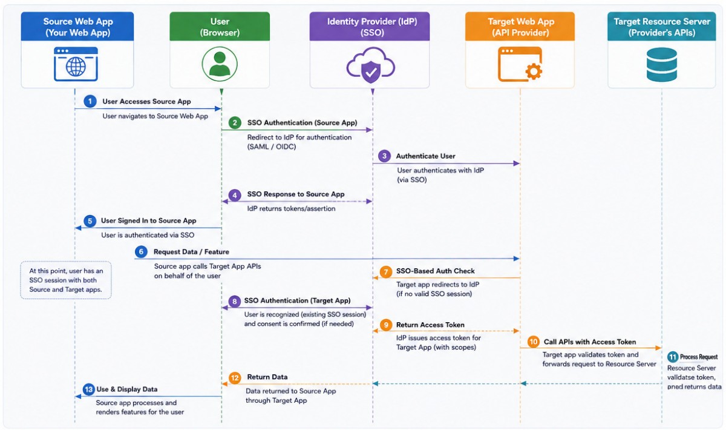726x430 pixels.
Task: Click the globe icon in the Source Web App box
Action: click(x=76, y=67)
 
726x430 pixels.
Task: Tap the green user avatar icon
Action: click(x=220, y=64)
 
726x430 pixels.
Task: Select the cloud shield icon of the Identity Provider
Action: click(x=371, y=65)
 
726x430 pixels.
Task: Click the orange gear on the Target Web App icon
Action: click(x=533, y=71)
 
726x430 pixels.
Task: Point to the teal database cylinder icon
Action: click(x=661, y=65)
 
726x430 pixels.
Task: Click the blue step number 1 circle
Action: click(x=90, y=101)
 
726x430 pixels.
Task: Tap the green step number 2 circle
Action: click(x=235, y=123)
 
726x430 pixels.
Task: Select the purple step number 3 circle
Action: click(x=384, y=156)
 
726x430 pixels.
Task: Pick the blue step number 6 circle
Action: click(x=141, y=252)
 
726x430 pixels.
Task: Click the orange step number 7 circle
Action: click(x=386, y=271)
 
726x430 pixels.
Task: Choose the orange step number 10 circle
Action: click(x=533, y=342)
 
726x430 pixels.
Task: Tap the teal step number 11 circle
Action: click(x=673, y=357)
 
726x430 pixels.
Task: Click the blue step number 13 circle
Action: click(x=88, y=389)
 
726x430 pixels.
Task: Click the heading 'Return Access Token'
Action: click(x=430, y=325)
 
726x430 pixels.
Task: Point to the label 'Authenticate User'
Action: click(x=425, y=156)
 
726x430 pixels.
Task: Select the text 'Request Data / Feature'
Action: click(x=191, y=252)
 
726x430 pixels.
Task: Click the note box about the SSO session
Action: click(x=66, y=280)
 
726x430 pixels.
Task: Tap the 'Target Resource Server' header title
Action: click(x=662, y=22)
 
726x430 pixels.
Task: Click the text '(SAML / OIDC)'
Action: click(x=272, y=147)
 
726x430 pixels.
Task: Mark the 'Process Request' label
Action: click(x=699, y=357)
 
